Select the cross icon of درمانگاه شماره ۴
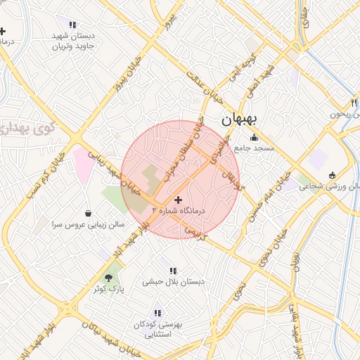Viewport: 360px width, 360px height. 177,200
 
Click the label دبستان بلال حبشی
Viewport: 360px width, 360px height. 174,282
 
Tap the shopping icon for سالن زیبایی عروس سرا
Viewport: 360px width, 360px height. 88,213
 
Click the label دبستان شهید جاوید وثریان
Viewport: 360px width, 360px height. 73,41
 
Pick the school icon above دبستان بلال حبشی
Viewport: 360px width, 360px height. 173,270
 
